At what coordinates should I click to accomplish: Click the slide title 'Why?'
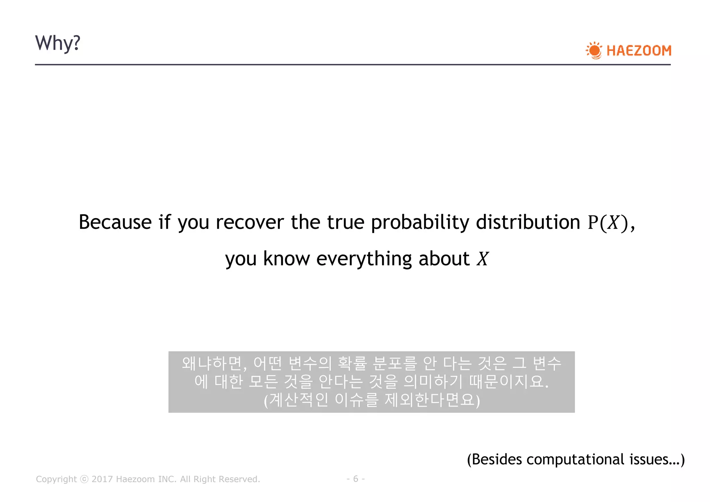tap(58, 43)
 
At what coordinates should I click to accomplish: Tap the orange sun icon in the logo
tap(594, 51)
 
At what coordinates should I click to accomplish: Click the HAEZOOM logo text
tap(639, 51)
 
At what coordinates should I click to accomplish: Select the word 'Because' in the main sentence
tap(115, 222)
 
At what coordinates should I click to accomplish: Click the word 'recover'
tap(250, 222)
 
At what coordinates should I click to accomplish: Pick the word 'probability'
tap(420, 223)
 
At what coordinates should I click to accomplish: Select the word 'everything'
tap(364, 259)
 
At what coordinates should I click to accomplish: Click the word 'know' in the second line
tap(286, 259)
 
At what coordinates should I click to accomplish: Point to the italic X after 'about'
tap(482, 259)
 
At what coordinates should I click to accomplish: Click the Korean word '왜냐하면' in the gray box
tap(213, 363)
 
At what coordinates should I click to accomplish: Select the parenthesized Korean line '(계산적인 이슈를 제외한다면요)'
tap(372, 400)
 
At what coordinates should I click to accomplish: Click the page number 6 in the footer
tap(355, 479)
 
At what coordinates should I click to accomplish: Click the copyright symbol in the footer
tap(84, 479)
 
